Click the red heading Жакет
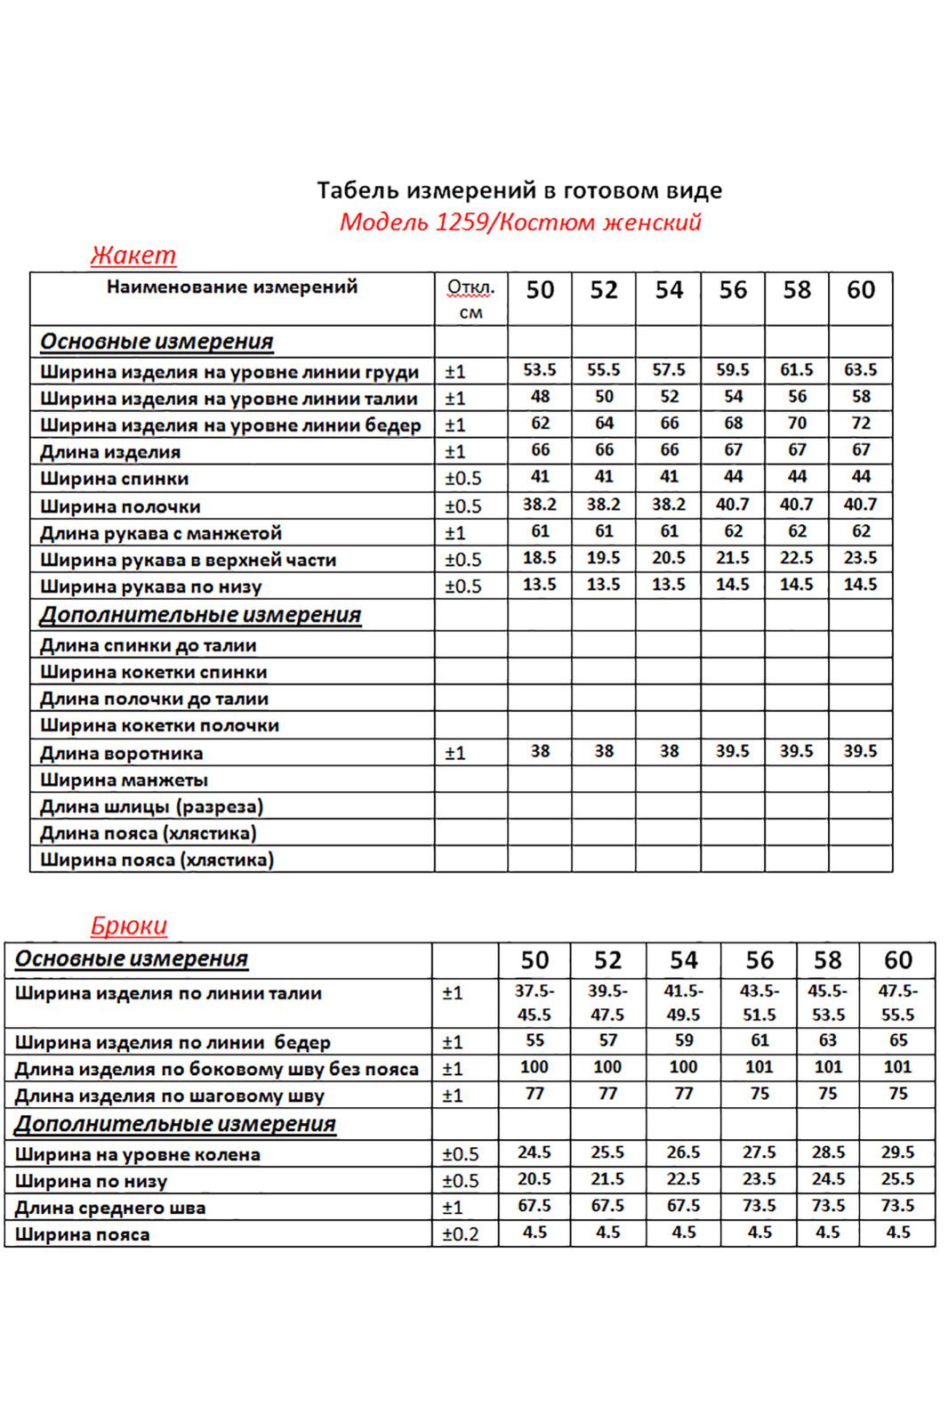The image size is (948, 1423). point(133,255)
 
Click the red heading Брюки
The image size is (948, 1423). point(129,926)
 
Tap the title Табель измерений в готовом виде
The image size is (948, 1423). point(519,190)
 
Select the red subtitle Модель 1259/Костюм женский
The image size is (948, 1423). point(520,222)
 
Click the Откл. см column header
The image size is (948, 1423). point(470,299)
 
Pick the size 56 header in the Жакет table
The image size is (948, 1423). point(733,290)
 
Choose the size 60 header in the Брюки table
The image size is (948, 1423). point(898,960)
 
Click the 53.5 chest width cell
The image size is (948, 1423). point(540,370)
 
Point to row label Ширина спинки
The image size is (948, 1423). point(115,479)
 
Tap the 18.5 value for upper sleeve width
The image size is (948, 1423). point(540,558)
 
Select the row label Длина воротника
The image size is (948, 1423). point(122,754)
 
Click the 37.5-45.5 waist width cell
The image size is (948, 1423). point(534,1003)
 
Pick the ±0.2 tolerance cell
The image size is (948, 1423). point(461,1234)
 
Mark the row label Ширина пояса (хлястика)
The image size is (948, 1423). point(157,861)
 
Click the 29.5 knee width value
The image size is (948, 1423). point(898,1152)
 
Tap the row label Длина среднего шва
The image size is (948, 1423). point(110,1209)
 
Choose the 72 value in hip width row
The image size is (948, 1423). point(861,424)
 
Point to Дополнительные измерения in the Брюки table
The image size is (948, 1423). point(175,1125)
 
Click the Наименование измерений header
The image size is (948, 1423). point(232,287)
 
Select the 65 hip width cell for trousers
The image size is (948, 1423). point(898,1040)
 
